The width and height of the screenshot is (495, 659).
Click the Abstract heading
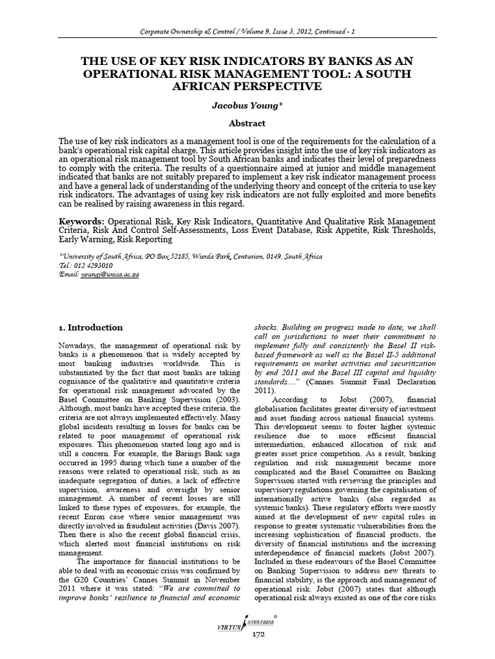pyautogui.click(x=247, y=123)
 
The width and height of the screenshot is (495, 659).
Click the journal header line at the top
pyautogui.click(x=247, y=32)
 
